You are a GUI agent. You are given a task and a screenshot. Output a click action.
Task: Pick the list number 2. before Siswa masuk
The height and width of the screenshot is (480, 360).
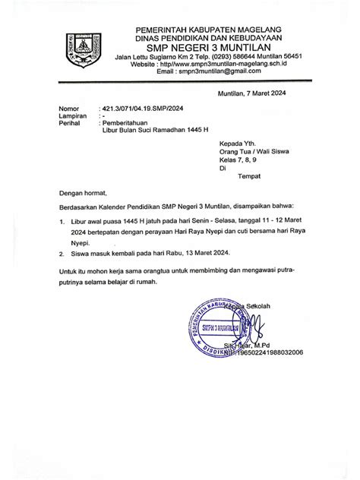click(x=62, y=251)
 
